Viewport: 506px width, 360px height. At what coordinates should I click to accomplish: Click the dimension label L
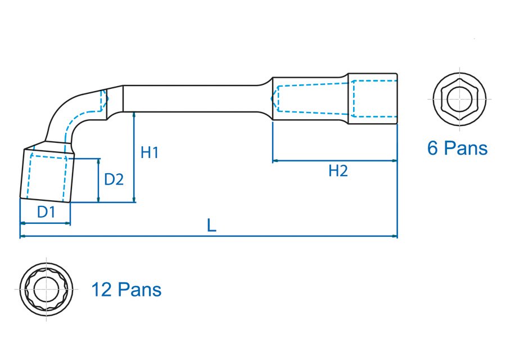[211, 226]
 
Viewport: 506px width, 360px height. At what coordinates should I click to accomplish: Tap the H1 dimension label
[150, 152]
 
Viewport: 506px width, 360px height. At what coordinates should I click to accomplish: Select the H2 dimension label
[338, 171]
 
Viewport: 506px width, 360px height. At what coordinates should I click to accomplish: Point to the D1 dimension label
[46, 212]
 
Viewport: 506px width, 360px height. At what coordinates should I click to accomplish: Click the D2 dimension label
[114, 179]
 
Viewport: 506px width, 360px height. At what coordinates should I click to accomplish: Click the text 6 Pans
[457, 148]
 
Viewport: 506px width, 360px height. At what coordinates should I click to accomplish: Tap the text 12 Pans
[126, 290]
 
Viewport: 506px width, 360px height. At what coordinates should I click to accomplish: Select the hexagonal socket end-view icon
[459, 100]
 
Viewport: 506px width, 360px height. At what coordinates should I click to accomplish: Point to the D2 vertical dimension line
[98, 180]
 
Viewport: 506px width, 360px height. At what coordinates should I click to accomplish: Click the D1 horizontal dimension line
[45, 223]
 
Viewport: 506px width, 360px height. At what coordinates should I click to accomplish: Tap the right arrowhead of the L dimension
[395, 237]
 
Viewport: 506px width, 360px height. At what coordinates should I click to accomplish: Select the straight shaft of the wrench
[191, 98]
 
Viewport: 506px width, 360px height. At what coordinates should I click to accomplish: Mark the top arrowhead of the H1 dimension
[134, 114]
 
